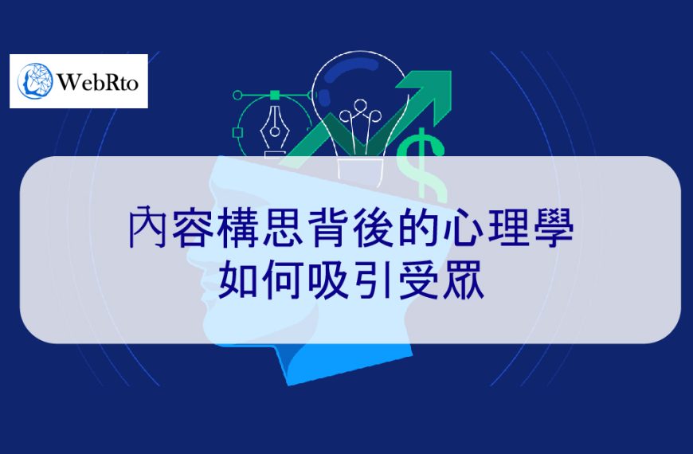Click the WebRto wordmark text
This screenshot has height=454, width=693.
point(99,81)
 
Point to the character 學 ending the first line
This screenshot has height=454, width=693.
point(550,229)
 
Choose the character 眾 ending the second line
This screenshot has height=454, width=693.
point(460,280)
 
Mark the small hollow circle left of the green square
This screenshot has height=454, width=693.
point(237,95)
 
